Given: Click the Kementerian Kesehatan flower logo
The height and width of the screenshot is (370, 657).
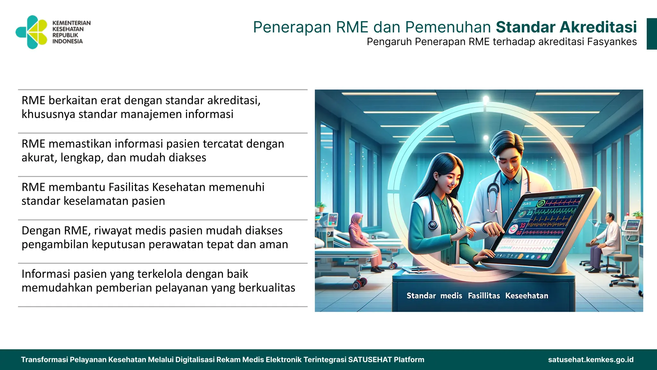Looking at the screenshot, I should (32, 32).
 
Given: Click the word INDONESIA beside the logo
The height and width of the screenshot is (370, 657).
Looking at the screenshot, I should (67, 41).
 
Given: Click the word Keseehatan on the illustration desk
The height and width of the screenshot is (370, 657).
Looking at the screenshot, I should (526, 295).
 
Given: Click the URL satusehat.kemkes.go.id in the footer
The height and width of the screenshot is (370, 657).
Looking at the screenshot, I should (591, 360).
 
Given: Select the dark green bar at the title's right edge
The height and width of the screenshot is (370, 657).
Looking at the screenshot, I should (652, 34).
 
